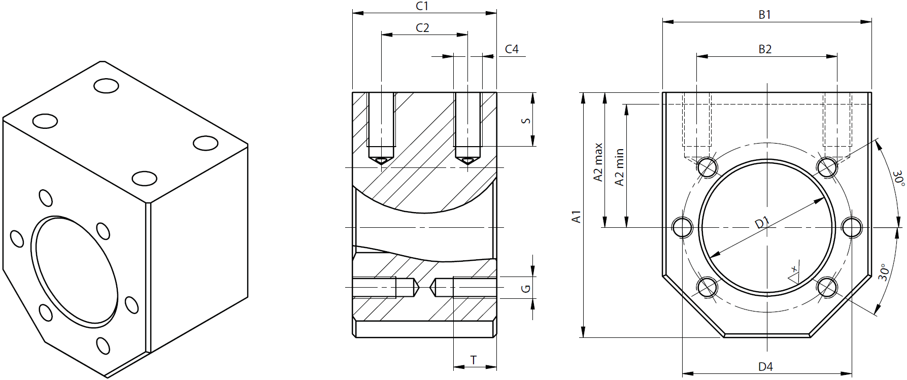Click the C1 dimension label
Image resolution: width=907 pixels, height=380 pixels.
pyautogui.click(x=422, y=6)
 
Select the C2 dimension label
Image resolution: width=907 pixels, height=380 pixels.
pyautogui.click(x=422, y=28)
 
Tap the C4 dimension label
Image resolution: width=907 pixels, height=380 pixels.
pyautogui.click(x=512, y=49)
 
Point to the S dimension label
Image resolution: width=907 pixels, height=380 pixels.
pyautogui.click(x=526, y=121)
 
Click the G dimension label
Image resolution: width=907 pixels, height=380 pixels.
pyautogui.click(x=526, y=289)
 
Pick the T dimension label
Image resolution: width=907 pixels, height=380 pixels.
pyautogui.click(x=474, y=360)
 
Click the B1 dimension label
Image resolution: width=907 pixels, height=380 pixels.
pyautogui.click(x=764, y=15)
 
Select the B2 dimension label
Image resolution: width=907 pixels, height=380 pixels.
pyautogui.click(x=765, y=49)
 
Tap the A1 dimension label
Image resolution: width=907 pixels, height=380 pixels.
pyautogui.click(x=576, y=216)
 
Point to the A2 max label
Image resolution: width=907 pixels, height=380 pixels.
pyautogui.click(x=598, y=162)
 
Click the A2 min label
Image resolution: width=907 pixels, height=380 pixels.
pyautogui.click(x=619, y=167)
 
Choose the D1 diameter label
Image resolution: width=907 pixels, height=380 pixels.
pyautogui.click(x=762, y=223)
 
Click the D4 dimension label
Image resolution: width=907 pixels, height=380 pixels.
pyautogui.click(x=765, y=367)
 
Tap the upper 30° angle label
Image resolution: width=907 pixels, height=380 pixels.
pyautogui.click(x=899, y=178)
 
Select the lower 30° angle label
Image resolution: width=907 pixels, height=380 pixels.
pyautogui.click(x=884, y=272)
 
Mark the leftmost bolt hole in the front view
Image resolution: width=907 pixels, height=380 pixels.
pyautogui.click(x=683, y=227)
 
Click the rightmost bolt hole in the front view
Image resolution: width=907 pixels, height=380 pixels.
pyautogui.click(x=852, y=227)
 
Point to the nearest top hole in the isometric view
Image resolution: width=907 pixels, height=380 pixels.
pyautogui.click(x=144, y=179)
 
